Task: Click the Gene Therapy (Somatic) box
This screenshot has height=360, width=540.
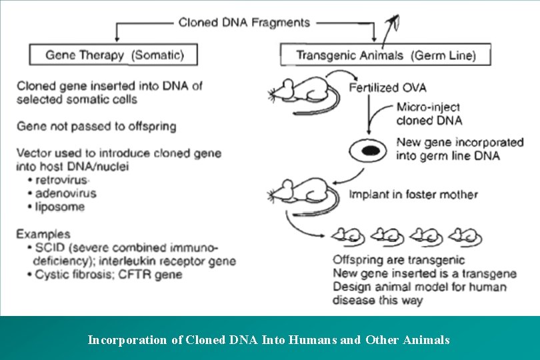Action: [x=113, y=55]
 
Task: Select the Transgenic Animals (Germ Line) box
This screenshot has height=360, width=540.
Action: [x=385, y=55]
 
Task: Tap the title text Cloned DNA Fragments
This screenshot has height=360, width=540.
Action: [x=244, y=23]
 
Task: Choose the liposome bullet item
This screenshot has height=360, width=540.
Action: [x=53, y=207]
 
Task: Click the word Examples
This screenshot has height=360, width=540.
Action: [x=43, y=234]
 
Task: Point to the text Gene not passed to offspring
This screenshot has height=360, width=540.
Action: [x=96, y=126]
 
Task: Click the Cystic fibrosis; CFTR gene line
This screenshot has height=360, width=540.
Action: [x=100, y=275]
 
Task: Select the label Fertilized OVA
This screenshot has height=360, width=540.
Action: [x=387, y=88]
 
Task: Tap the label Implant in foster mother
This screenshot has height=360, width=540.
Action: [x=413, y=195]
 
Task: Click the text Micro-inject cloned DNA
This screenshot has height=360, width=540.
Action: [x=428, y=113]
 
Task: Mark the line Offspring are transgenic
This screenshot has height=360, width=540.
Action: [x=399, y=260]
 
